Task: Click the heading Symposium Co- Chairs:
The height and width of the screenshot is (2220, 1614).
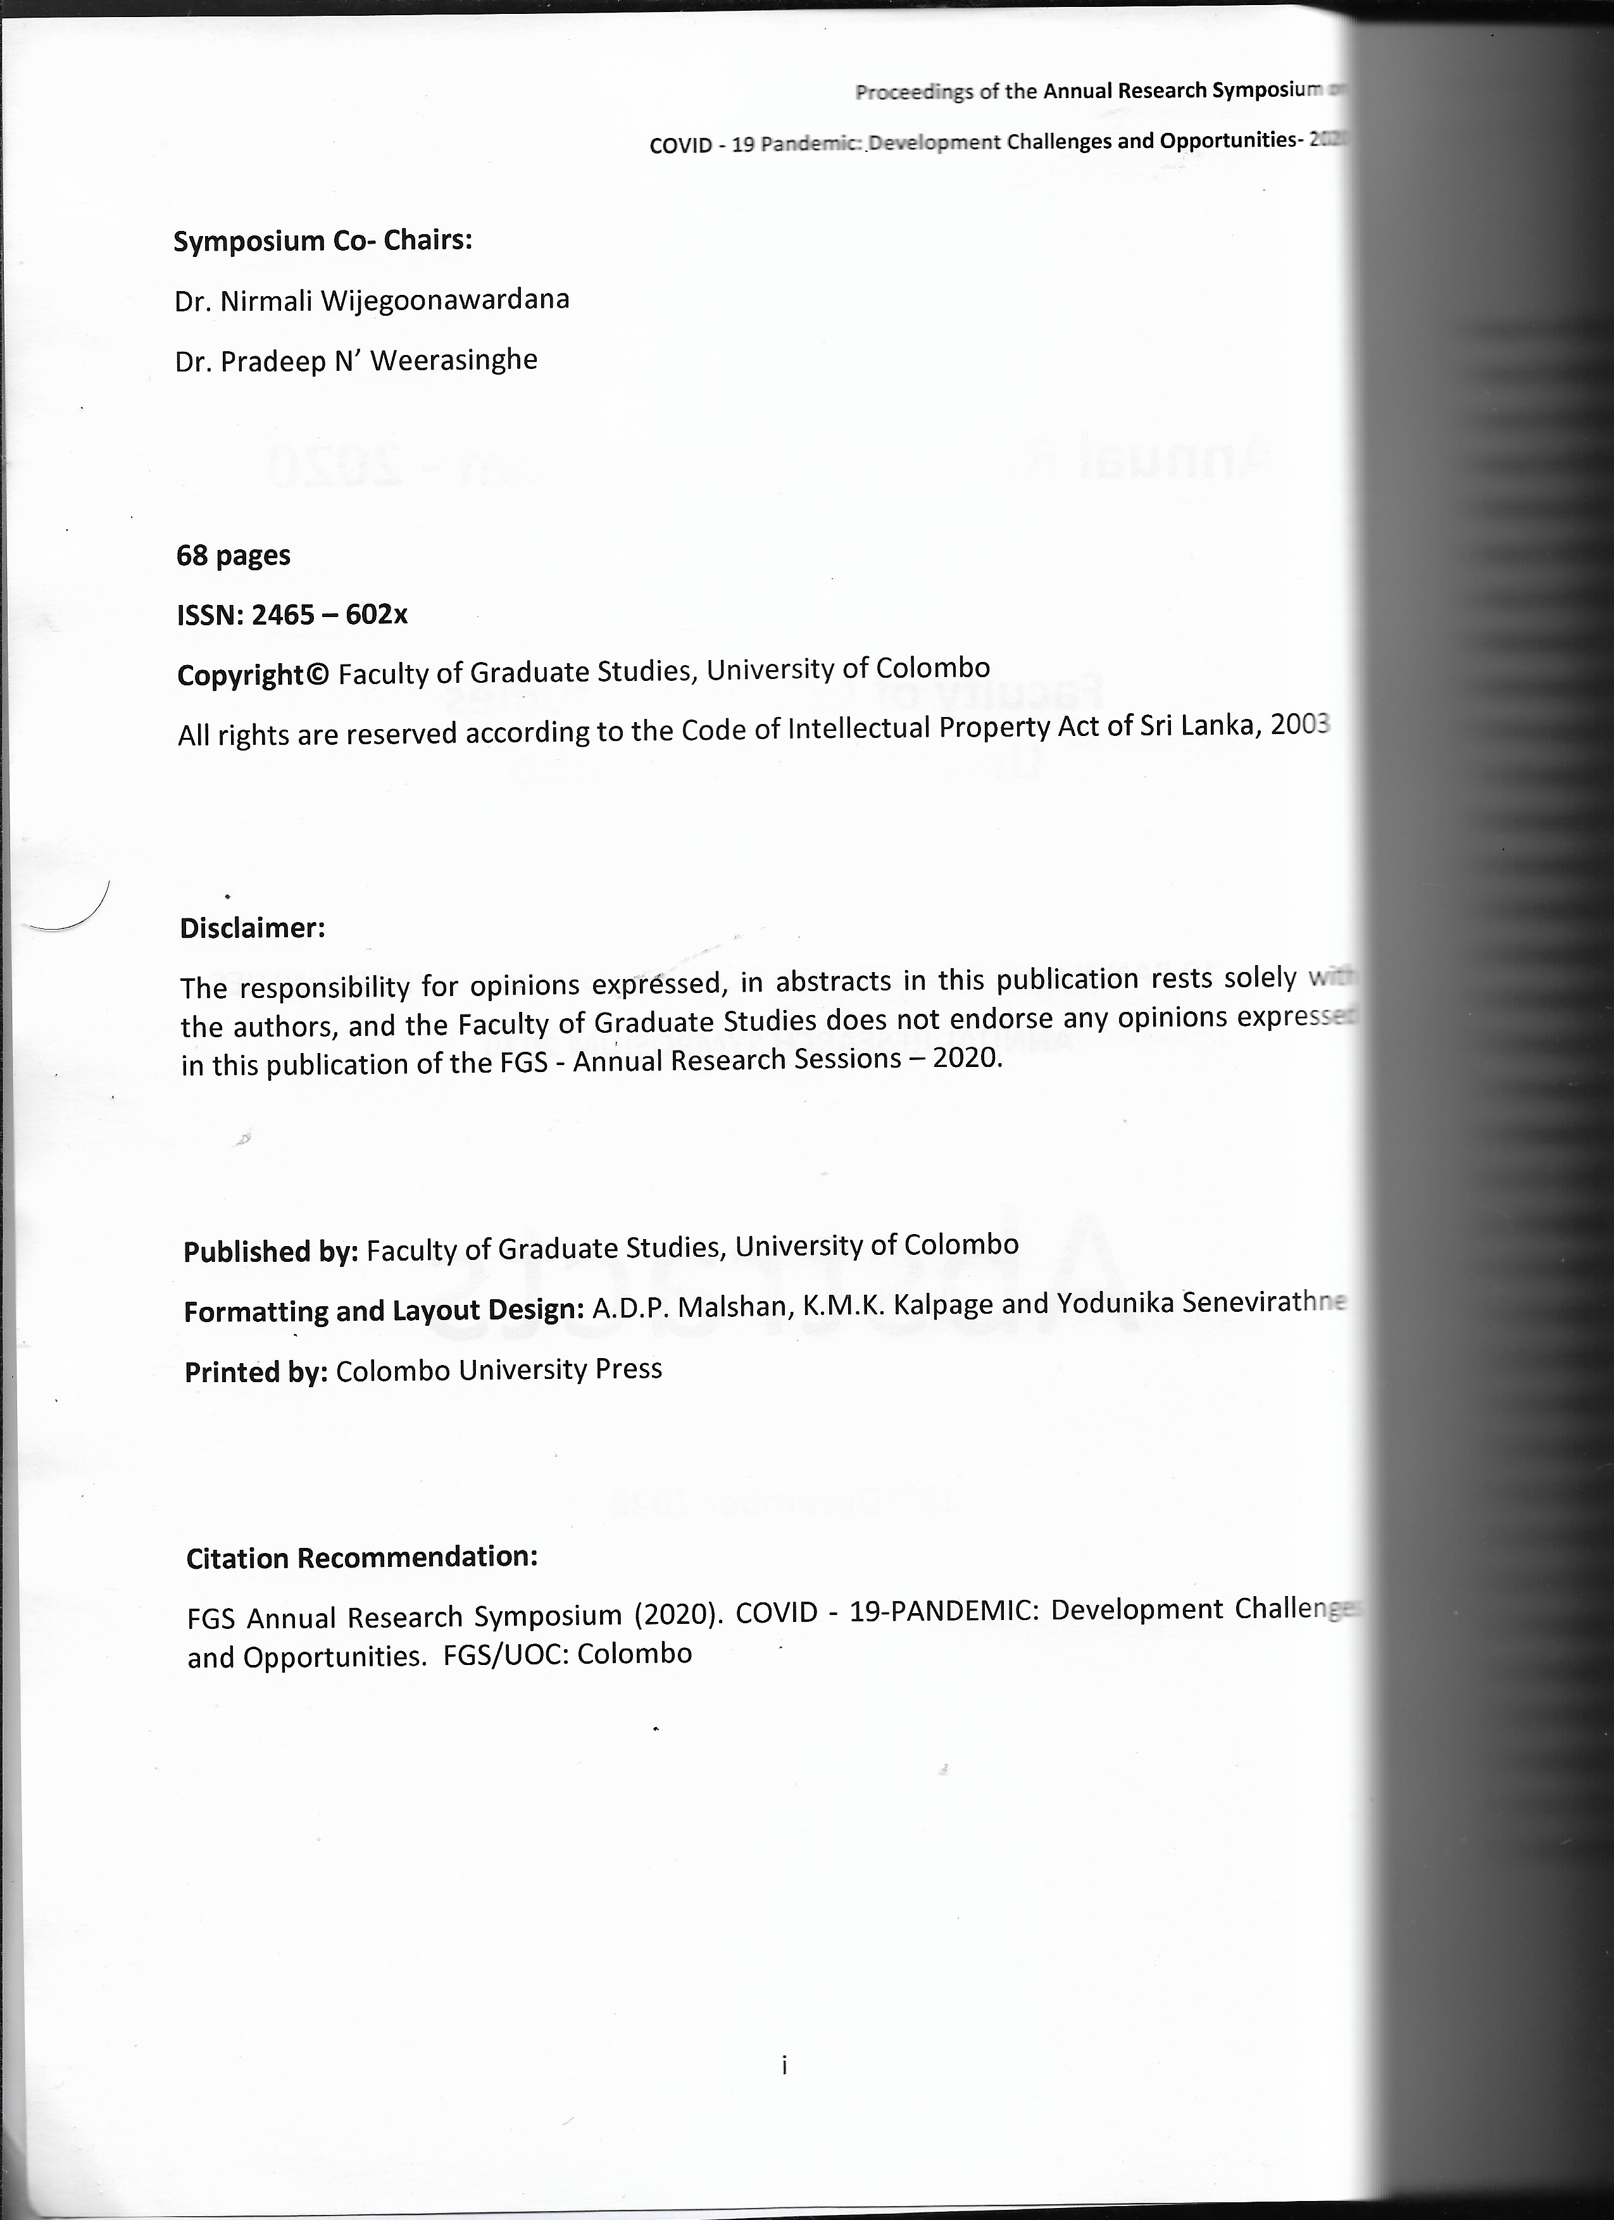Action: coord(322,240)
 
